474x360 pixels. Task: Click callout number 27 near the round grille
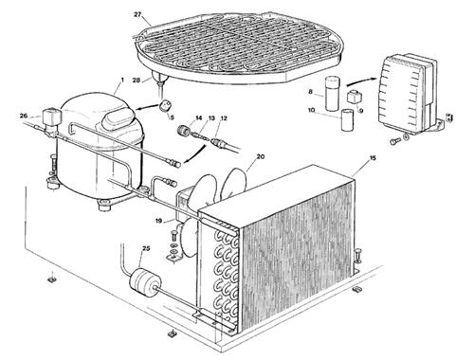click(x=137, y=15)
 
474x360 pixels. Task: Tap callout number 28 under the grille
click(x=137, y=80)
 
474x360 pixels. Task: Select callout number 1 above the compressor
click(x=122, y=79)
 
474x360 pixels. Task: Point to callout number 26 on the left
click(x=24, y=116)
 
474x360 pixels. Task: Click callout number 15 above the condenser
click(x=374, y=158)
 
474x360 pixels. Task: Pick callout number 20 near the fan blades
click(x=261, y=156)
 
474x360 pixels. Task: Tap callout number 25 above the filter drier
click(x=146, y=248)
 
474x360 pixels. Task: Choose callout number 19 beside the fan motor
click(x=158, y=221)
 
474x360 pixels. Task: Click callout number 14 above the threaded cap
click(x=198, y=117)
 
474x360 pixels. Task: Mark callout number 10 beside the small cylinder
click(x=311, y=110)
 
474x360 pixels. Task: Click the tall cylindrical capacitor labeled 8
click(x=333, y=94)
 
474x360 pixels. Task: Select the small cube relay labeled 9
click(x=354, y=98)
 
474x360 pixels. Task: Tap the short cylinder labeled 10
click(x=348, y=119)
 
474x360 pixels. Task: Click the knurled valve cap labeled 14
click(x=184, y=130)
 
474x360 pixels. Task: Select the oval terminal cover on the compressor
click(x=116, y=117)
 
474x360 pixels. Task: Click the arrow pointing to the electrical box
click(x=362, y=81)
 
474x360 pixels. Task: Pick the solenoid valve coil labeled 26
click(x=52, y=116)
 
